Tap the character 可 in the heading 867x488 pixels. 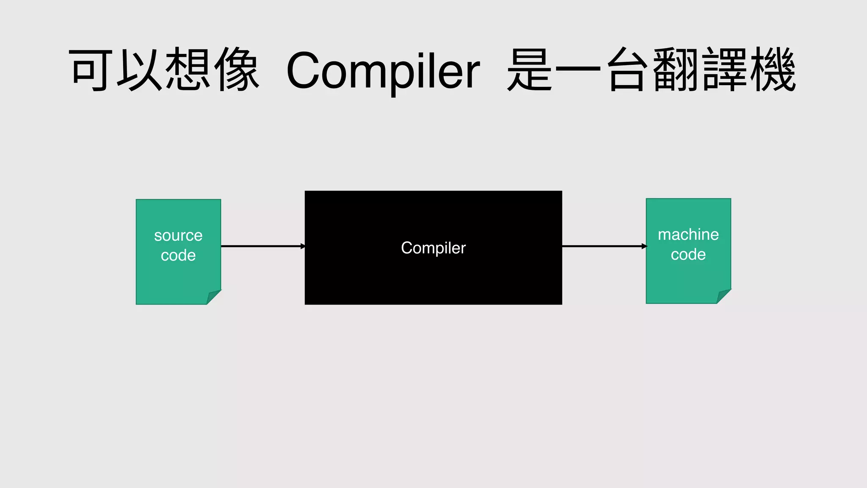[91, 70]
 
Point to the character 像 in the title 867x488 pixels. [236, 70]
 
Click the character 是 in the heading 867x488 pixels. [529, 70]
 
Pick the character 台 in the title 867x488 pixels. [628, 70]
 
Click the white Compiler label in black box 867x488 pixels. [433, 248]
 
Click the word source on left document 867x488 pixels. [178, 236]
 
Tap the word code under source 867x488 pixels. [178, 255]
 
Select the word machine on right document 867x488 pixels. [688, 234]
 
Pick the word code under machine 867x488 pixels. [688, 255]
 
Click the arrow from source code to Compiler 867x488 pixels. [262, 246]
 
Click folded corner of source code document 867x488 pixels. [213, 297]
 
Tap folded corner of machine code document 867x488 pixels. [723, 296]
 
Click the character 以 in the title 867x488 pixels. [139, 70]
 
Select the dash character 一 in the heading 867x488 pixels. [578, 68]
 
